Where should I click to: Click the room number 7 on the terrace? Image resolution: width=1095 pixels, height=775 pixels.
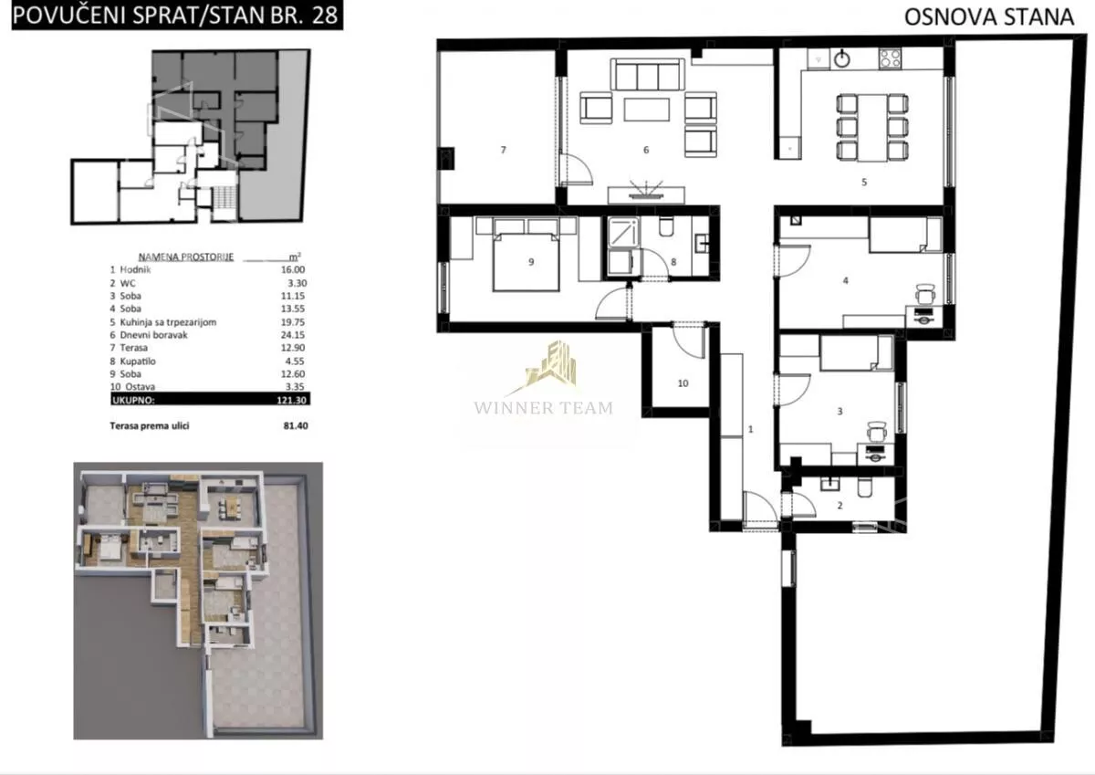coord(503,150)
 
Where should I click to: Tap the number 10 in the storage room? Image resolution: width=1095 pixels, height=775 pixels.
coord(683,383)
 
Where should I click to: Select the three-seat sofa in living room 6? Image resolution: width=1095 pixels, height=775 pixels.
coord(647,75)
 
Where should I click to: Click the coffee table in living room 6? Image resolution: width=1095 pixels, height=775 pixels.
coord(647,110)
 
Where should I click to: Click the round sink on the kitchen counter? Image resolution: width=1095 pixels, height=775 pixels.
coord(841,59)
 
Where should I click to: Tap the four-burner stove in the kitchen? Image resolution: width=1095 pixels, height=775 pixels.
coord(890,58)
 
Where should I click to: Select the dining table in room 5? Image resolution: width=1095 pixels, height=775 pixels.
coord(872,128)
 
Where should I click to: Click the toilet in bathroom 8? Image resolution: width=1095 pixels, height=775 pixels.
coord(666,226)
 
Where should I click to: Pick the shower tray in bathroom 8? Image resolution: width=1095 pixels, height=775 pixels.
coord(622,231)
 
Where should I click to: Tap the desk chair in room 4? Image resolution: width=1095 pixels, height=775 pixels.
coord(925,294)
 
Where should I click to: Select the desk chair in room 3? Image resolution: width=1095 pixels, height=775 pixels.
coord(878,433)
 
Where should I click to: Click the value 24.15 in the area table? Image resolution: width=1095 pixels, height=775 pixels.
coord(293,335)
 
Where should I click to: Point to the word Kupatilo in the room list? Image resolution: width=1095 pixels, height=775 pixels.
coord(138,361)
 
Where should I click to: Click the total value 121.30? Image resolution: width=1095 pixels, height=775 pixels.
coord(291,400)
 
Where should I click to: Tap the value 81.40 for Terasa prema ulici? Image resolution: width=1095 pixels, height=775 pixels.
coord(296,426)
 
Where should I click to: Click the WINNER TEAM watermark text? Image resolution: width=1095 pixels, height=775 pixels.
coord(543,408)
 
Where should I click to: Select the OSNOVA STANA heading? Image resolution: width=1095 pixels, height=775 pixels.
coord(989,17)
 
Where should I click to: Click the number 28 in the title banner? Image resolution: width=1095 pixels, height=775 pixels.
coord(325,16)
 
